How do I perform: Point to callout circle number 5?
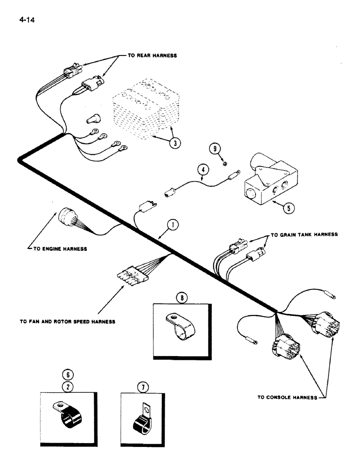click(290, 208)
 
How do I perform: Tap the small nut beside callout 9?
click(225, 163)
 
